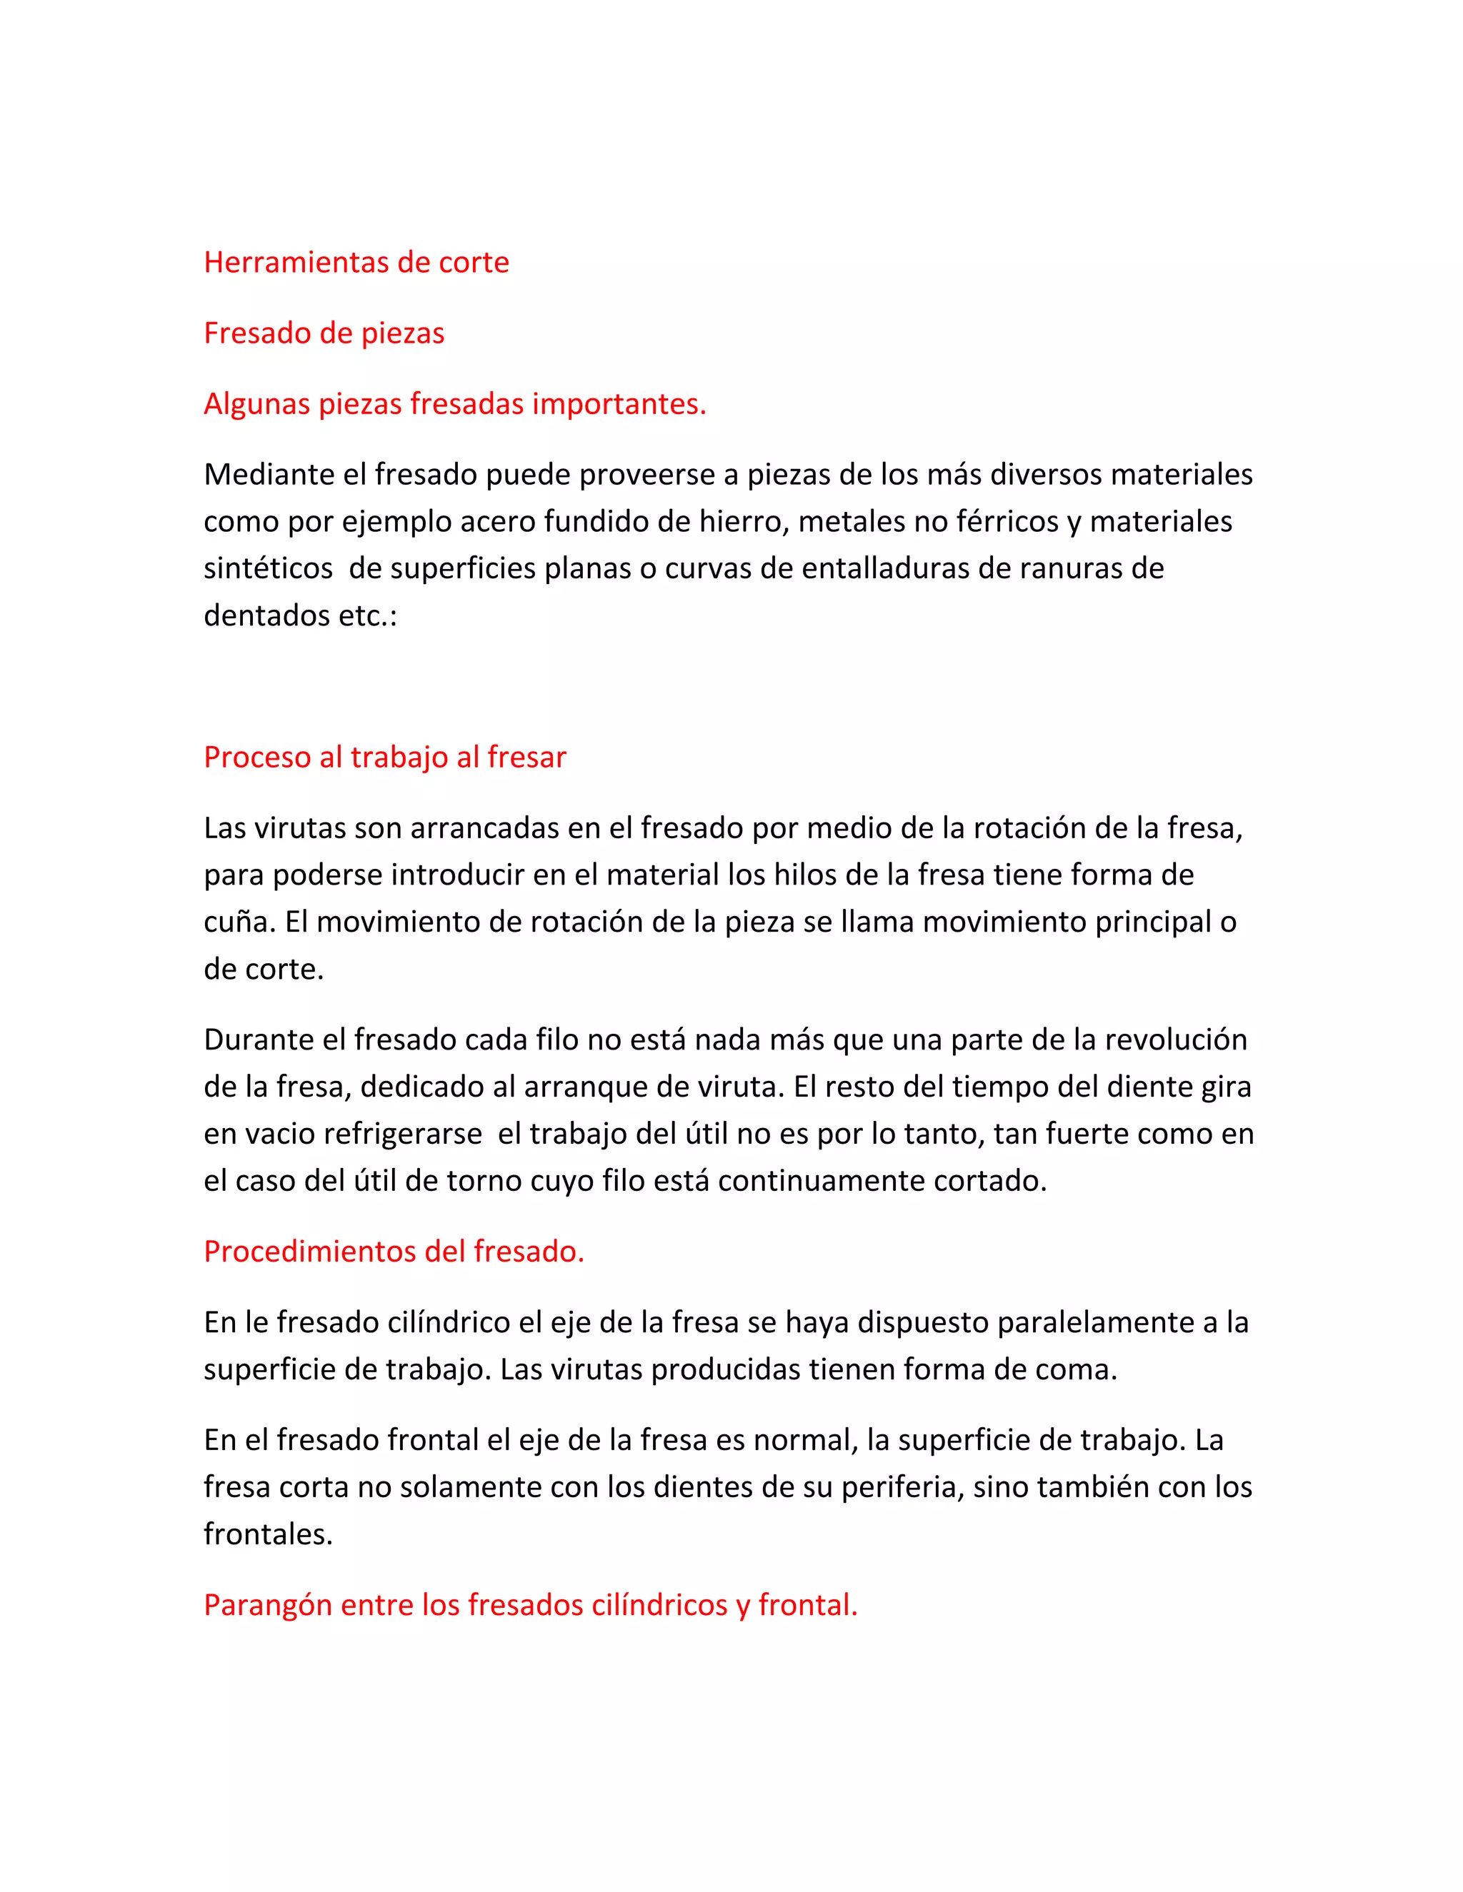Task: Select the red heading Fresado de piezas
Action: pyautogui.click(x=324, y=333)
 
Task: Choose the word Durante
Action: pyautogui.click(x=259, y=1040)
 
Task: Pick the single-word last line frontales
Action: pyautogui.click(x=268, y=1535)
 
